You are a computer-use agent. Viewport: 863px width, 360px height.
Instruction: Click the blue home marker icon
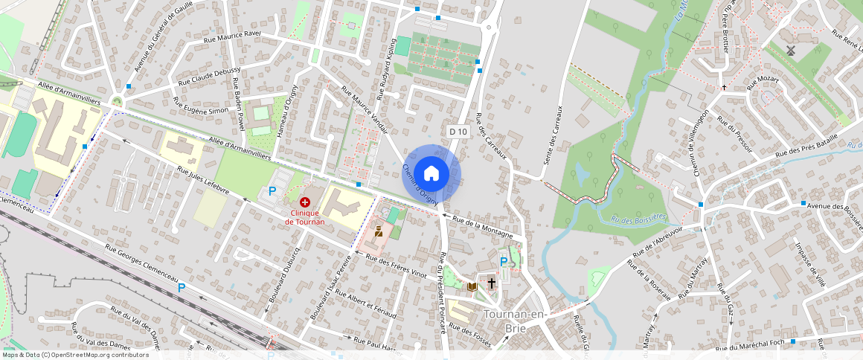pos(431,174)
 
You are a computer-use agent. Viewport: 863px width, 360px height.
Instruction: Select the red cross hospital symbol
pos(304,202)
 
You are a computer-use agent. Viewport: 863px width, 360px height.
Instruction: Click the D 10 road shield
pos(459,132)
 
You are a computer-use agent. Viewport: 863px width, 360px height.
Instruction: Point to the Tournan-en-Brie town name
pos(516,321)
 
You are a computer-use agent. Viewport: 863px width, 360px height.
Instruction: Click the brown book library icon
pos(472,286)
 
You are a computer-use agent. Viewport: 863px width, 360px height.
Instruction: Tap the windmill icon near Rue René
pos(791,51)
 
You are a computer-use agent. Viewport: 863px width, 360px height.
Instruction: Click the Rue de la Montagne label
pos(483,226)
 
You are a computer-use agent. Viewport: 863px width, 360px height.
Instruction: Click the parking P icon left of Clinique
pos(272,191)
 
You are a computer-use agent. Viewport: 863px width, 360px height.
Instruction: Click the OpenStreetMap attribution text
pos(74,355)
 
